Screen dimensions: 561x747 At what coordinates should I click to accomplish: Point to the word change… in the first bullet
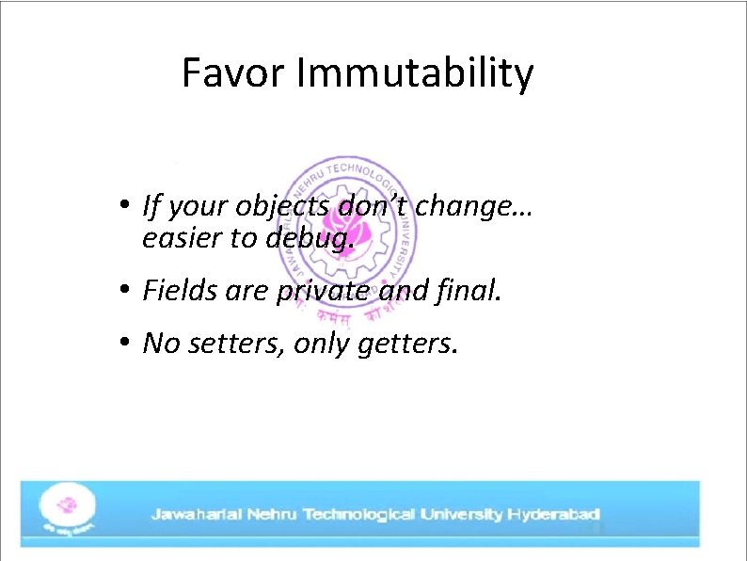coord(474,204)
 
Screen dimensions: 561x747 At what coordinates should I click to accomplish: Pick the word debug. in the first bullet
coord(310,239)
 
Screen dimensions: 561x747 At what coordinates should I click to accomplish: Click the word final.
coord(470,292)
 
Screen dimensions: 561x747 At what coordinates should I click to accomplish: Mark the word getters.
coord(408,345)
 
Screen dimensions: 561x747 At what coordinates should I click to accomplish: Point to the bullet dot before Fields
coord(123,292)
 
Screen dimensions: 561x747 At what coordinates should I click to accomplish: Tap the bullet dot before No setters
coord(123,345)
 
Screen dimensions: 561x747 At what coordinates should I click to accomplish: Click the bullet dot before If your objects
coord(123,204)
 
